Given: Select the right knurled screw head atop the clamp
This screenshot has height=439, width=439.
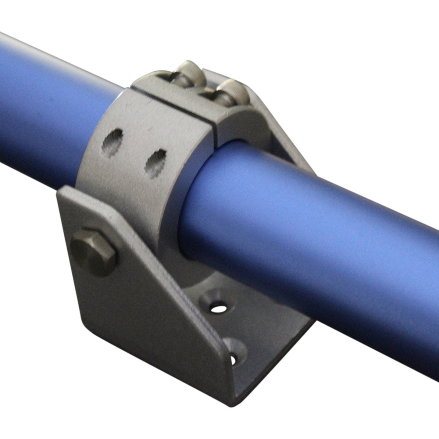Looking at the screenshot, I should pyautogui.click(x=233, y=90).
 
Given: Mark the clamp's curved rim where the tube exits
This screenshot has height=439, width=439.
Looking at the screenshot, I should pyautogui.click(x=189, y=195).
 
